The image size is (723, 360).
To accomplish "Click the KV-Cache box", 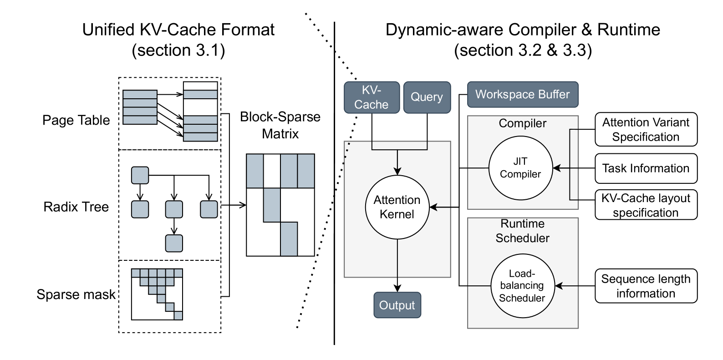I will coord(372,97).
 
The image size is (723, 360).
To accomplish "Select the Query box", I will coord(427,97).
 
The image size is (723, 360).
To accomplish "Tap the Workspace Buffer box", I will coord(523,95).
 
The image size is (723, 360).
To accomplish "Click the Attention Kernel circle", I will coord(397,207).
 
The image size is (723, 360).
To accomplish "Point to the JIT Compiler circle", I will coord(520,168).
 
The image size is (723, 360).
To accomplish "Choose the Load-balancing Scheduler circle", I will coord(522,285).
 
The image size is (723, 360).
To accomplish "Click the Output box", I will coord(397,305).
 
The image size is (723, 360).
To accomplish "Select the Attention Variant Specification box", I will coord(646,129).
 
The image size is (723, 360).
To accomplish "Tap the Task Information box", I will coord(646,168).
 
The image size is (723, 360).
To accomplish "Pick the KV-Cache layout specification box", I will coord(646,205).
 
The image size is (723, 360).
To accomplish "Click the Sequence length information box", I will coord(646,286).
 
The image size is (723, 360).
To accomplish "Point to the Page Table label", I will coord(76,120).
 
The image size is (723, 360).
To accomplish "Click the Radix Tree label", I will coord(76,207).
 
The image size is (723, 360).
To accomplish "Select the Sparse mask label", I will coord(76,294).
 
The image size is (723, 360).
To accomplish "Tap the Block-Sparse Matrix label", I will coord(280,125).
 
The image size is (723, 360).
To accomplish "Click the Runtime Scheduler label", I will coord(522,231).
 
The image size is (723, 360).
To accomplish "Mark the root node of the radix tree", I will coord(140,175).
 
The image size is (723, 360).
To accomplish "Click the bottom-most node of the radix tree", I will coord(174,243).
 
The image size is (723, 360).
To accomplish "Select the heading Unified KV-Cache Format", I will coord(178,30).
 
